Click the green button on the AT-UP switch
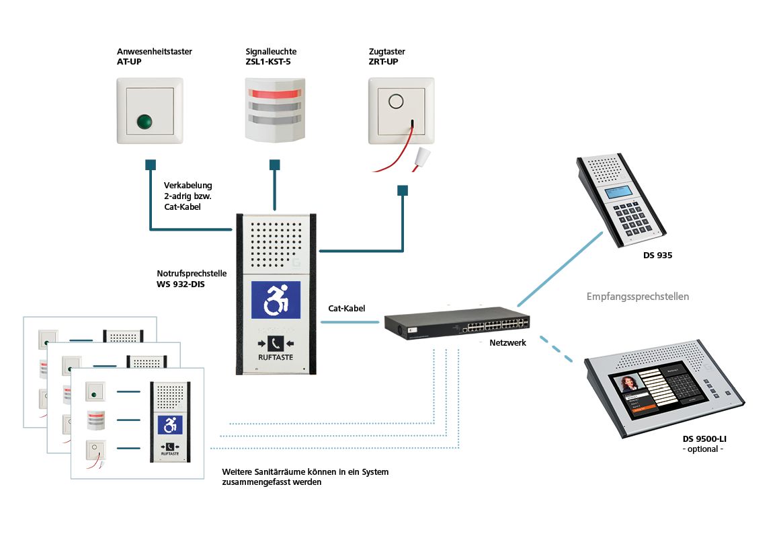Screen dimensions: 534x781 click(x=143, y=122)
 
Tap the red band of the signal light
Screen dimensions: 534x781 click(x=274, y=91)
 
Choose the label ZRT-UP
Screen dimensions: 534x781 click(x=383, y=62)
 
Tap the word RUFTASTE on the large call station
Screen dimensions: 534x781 click(x=276, y=358)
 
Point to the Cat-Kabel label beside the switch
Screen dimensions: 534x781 click(x=346, y=309)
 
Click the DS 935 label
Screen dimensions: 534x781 click(x=657, y=256)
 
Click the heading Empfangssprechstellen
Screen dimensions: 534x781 click(x=637, y=296)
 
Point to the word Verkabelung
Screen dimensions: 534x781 click(x=188, y=186)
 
